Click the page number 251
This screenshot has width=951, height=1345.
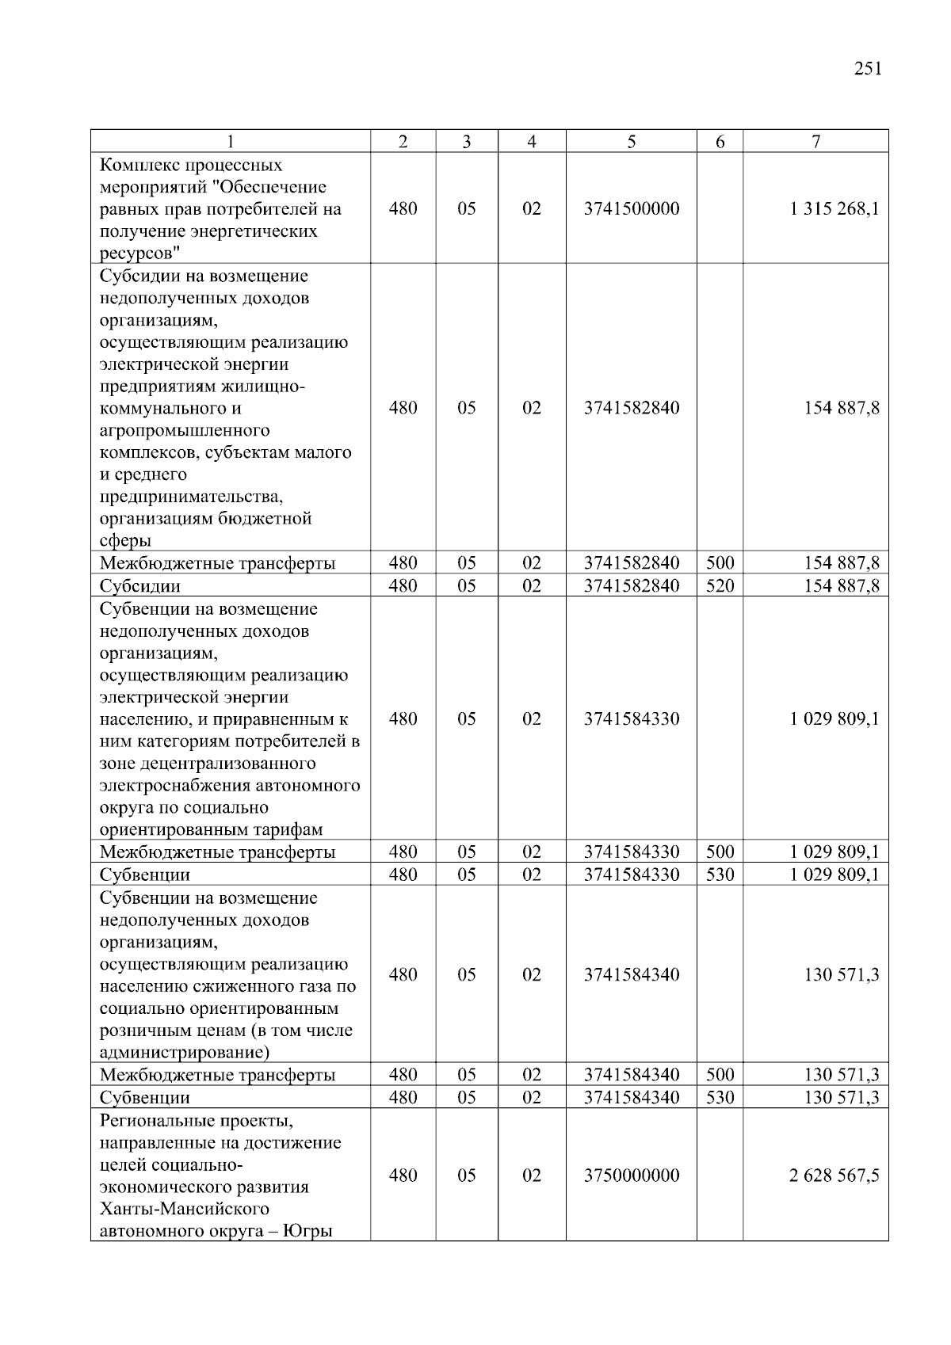(868, 69)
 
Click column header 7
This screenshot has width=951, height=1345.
(815, 142)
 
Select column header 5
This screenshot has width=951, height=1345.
(631, 142)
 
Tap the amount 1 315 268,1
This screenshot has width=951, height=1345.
(834, 209)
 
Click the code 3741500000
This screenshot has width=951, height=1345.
(632, 209)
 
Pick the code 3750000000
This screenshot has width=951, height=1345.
(632, 1175)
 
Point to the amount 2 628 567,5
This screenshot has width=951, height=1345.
(834, 1175)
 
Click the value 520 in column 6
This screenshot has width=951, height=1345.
(720, 586)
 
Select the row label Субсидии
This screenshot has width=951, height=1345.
(140, 587)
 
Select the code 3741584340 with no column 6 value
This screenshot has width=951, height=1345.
(632, 975)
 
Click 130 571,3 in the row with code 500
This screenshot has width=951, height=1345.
(842, 1075)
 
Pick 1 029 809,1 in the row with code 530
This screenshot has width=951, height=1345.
(834, 875)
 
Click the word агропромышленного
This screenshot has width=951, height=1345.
(185, 431)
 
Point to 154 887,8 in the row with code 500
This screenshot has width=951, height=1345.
(842, 564)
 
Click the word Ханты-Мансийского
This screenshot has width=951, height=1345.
(185, 1210)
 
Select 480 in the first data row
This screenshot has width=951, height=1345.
(403, 209)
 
